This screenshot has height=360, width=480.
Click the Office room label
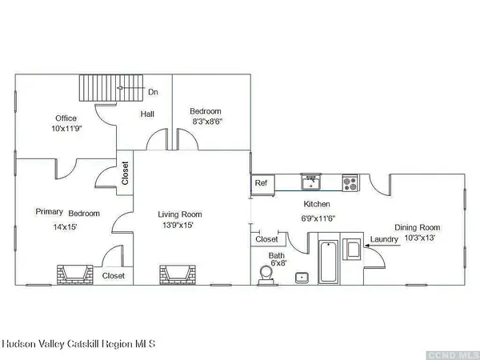coord(66,118)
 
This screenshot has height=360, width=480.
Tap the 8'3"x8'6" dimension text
coord(207,122)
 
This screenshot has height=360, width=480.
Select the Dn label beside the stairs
coord(153,92)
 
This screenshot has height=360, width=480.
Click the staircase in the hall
coord(111,88)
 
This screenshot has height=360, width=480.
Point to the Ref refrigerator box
coord(262,185)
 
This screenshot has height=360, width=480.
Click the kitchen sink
coord(310,182)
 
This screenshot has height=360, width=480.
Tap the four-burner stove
coord(350,183)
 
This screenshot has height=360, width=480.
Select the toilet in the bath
coord(266,275)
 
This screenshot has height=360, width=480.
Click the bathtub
coord(329,262)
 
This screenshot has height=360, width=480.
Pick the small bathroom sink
coord(302,278)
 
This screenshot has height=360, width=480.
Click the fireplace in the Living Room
coord(178,275)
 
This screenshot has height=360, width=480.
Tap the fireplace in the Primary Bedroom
coord(75,275)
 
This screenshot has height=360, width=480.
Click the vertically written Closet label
coord(125,174)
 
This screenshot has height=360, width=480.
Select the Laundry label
coord(384,239)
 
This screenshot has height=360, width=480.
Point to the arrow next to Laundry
coord(382,246)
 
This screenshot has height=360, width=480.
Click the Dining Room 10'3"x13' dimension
coord(420,238)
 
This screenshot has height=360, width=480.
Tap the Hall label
coord(147,114)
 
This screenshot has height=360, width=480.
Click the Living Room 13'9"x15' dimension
coord(178,226)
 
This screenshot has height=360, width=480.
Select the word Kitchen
coord(317,204)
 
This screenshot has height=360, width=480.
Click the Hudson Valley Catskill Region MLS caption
coord(78,344)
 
